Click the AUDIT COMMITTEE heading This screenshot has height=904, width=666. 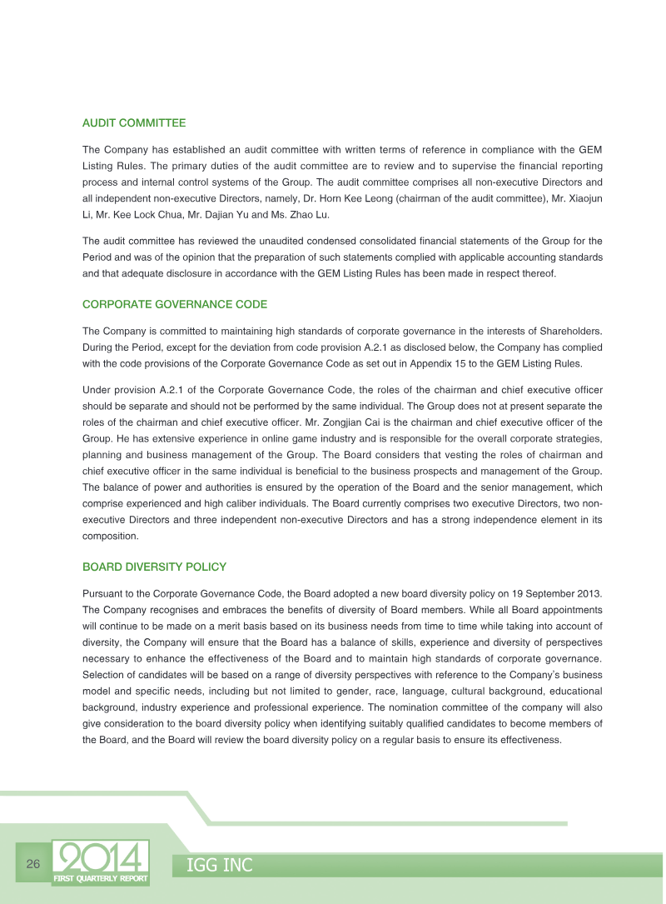coord(133,123)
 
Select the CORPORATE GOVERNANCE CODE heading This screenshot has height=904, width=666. coord(175,304)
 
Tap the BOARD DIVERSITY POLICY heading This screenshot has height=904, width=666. coord(154,567)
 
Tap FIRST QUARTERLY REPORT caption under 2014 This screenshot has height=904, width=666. coord(101,879)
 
